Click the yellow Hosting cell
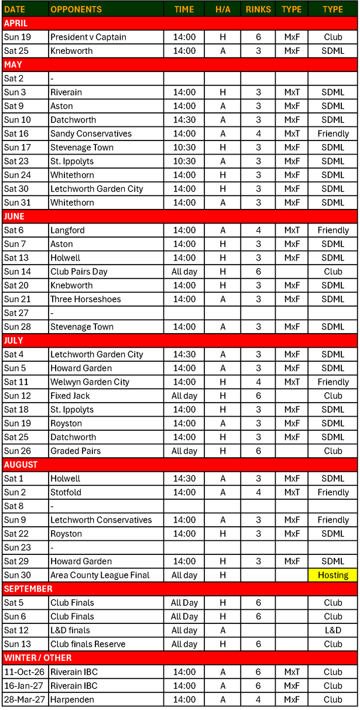pos(332,575)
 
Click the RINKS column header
pos(258,9)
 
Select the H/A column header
pos(222,9)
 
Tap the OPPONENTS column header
pos(76,9)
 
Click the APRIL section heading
pos(16,23)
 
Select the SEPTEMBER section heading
pos(28,589)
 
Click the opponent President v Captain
pos(88,37)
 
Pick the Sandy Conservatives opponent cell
pos(91,133)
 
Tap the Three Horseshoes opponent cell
pos(85,299)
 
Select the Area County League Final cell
pos(100,575)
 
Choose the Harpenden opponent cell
pos(72,699)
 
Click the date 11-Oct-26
pos(23,672)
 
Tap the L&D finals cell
pos(70,630)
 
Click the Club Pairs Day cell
pos(78,272)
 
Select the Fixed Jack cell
pos(70,396)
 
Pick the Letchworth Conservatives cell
pos(101,520)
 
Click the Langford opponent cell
pos(67,230)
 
